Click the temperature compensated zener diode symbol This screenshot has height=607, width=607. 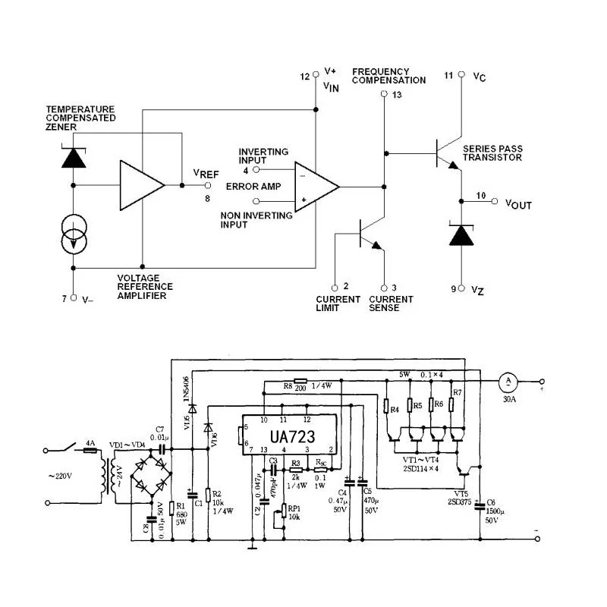point(73,156)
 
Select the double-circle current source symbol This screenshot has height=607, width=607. point(73,234)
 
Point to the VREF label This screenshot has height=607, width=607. point(206,174)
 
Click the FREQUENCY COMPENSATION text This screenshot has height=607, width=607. point(388,76)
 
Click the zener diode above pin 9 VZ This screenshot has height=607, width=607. point(461,234)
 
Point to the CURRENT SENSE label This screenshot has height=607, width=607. point(391,303)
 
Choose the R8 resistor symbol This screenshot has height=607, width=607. point(300,382)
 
